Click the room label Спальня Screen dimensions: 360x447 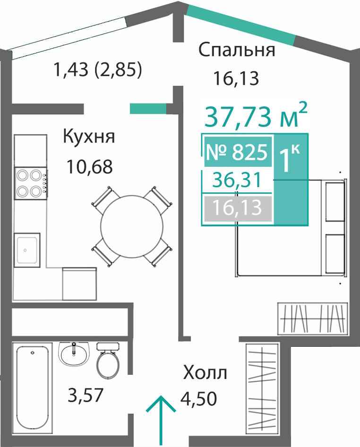tap(237, 51)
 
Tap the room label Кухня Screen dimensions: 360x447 tap(89, 137)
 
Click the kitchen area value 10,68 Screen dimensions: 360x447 tap(89, 167)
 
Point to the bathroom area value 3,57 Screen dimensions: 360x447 tap(85, 395)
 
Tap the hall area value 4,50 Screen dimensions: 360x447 tap(199, 398)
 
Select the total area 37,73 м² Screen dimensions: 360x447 tap(256, 115)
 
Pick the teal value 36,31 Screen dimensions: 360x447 tap(237, 181)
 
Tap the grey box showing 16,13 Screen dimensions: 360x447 tap(238, 208)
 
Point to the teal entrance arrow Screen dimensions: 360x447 tap(161, 421)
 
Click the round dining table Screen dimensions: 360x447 tap(132, 226)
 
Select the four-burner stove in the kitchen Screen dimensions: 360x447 tap(31, 183)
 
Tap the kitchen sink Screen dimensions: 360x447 tap(27, 250)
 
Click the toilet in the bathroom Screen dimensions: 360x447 tap(108, 361)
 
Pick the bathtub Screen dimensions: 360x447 tap(32, 387)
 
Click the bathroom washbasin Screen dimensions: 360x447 tap(74, 354)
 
